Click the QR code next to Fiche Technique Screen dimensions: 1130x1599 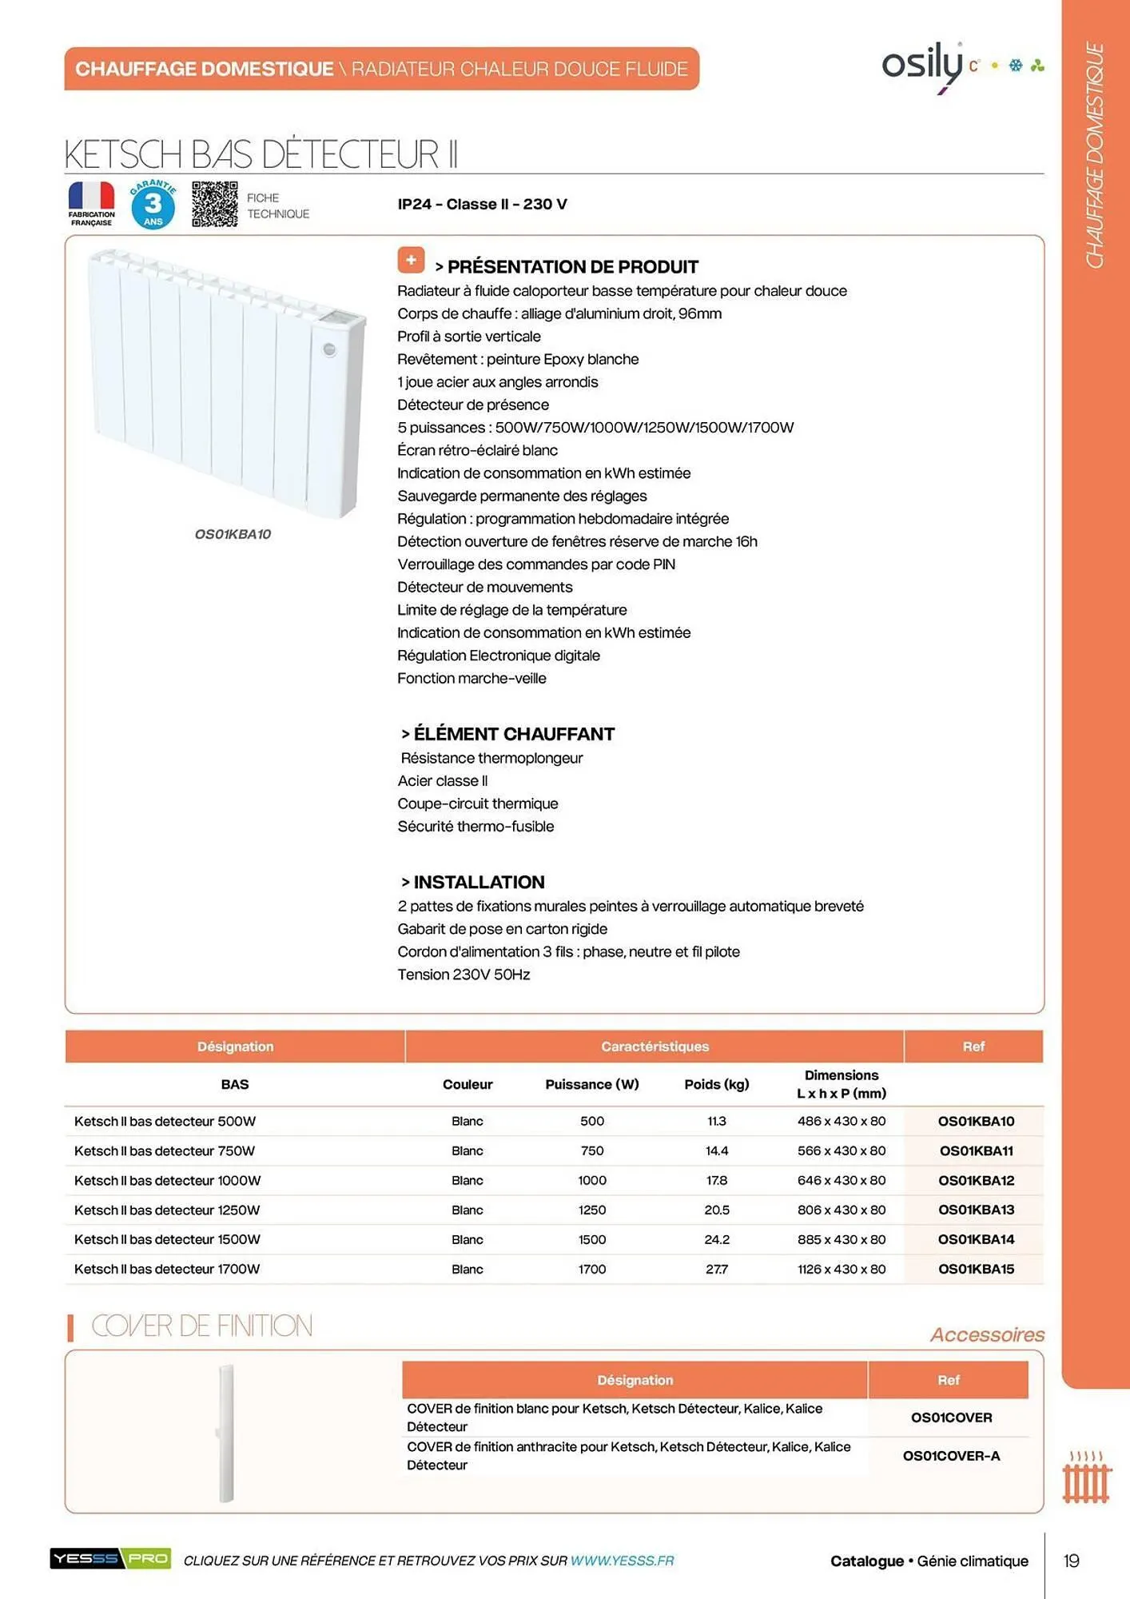coord(214,204)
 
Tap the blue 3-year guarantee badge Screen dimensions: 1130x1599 coord(153,205)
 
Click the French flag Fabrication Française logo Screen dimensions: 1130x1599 coord(91,204)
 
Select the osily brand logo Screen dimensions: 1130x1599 coord(923,66)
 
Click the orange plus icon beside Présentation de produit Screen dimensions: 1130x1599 coord(411,261)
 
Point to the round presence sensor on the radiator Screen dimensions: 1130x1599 coord(329,349)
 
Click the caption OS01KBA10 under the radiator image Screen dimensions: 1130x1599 coord(233,534)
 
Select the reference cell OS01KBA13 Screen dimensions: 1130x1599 coord(976,1210)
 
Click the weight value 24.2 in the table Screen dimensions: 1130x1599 coord(716,1239)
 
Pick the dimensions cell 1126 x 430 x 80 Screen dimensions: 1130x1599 coord(841,1269)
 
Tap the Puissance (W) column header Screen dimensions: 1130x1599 coord(591,1084)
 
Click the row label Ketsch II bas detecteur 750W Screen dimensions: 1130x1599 coord(165,1150)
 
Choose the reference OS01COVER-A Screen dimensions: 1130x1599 coord(951,1456)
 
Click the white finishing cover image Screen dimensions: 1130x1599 coord(226,1433)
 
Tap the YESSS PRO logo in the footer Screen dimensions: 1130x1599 coord(110,1559)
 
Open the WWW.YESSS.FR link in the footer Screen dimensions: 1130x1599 coord(622,1561)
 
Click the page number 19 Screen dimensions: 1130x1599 coord(1071,1561)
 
